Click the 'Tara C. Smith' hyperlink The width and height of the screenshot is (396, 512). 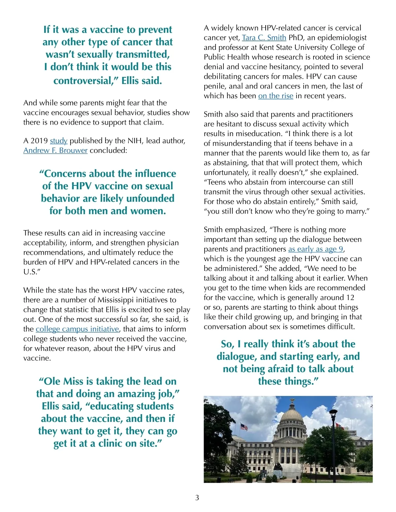tap(264, 38)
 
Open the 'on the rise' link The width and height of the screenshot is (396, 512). tap(276, 96)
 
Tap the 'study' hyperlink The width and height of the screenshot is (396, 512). tap(59, 141)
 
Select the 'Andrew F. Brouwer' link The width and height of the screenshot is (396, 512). tap(55, 151)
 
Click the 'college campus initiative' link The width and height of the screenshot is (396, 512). tap(77, 329)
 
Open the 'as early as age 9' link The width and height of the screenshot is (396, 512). tap(316, 249)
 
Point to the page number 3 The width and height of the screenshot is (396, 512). tap(197, 498)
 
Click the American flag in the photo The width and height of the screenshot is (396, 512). tap(244, 427)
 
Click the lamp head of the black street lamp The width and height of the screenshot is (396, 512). tap(334, 412)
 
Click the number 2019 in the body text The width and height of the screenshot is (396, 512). tap(40, 141)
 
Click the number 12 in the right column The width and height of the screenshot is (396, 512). tap(350, 298)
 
